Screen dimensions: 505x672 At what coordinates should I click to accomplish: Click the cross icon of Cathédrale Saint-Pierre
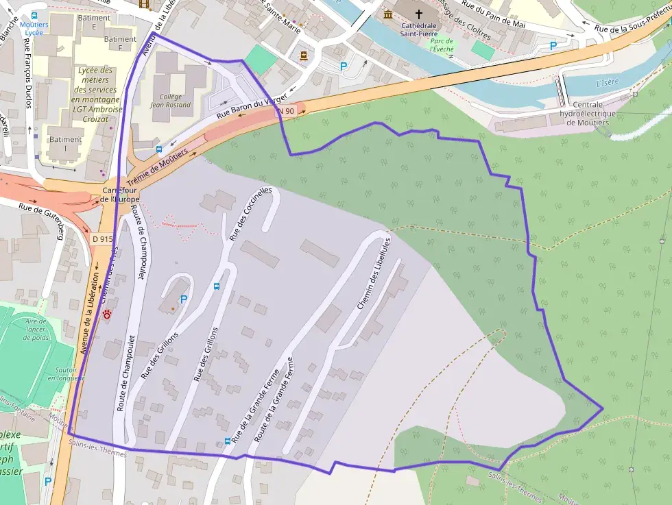419,14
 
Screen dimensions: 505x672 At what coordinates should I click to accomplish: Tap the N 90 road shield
286,111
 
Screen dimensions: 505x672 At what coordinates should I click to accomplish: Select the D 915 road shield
101,239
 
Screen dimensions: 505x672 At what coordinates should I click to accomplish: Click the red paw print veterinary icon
108,313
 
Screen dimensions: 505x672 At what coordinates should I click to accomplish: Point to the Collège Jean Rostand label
171,101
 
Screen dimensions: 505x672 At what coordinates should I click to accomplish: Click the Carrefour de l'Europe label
120,194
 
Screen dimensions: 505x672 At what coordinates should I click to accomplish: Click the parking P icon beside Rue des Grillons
183,299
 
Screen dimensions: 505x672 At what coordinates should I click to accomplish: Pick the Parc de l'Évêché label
442,45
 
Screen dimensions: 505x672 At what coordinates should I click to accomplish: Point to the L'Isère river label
607,83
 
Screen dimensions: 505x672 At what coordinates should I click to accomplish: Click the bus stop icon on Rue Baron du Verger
158,149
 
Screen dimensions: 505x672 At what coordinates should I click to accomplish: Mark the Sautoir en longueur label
67,373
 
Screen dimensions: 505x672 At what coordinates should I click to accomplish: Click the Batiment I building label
65,144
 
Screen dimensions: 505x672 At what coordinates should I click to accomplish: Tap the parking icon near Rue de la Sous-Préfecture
553,45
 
